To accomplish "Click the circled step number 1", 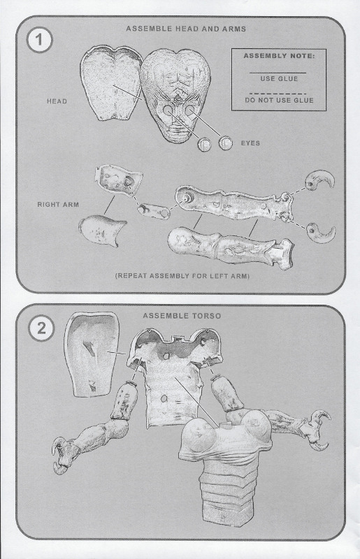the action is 39,40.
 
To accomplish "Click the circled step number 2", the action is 41,328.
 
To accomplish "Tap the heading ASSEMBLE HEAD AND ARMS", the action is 186,29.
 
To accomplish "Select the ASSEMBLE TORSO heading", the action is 182,316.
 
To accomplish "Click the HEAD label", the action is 57,101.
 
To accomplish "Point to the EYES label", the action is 250,143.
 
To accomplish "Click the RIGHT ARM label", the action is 58,205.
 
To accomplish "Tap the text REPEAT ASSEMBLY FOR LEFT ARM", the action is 182,276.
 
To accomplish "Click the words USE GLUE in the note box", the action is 279,79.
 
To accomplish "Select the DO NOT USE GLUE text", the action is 279,101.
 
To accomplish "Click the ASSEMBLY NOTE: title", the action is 279,56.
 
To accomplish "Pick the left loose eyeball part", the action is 205,145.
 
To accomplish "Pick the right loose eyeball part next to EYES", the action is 226,143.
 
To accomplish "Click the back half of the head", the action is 111,84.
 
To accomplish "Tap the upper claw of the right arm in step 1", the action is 319,180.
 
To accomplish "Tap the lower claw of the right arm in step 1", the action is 321,233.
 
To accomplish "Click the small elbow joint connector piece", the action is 154,211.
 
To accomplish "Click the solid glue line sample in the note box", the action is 278,73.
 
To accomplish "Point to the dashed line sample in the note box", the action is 278,94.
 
